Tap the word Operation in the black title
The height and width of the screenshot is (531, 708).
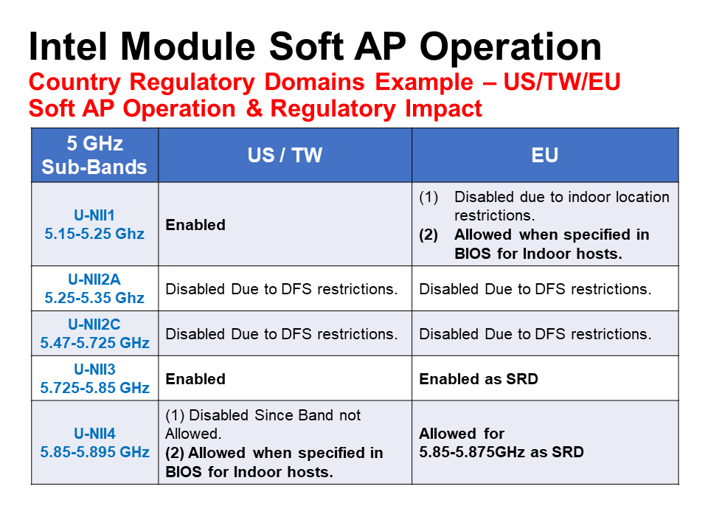(510, 49)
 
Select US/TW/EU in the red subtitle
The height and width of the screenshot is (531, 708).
(562, 82)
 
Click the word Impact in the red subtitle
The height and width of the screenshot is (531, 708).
(443, 109)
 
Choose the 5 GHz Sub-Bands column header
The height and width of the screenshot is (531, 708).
(95, 156)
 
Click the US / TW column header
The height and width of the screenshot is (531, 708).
(285, 156)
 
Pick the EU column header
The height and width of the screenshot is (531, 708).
(545, 156)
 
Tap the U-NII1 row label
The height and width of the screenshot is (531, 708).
(94, 224)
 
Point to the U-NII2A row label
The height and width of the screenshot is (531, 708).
(94, 288)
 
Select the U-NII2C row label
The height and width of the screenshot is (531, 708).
(94, 333)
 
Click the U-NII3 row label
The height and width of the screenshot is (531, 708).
(94, 378)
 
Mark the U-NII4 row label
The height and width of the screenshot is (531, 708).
(94, 442)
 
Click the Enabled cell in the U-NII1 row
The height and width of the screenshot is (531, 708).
(195, 225)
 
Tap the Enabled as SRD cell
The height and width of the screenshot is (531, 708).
(479, 379)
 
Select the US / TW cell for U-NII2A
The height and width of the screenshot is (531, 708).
(282, 289)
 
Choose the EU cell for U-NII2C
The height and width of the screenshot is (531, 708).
(535, 334)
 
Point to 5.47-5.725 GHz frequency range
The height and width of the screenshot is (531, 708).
(94, 343)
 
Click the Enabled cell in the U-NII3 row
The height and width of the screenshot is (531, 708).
(195, 379)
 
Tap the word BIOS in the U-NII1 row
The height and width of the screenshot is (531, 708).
(472, 254)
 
